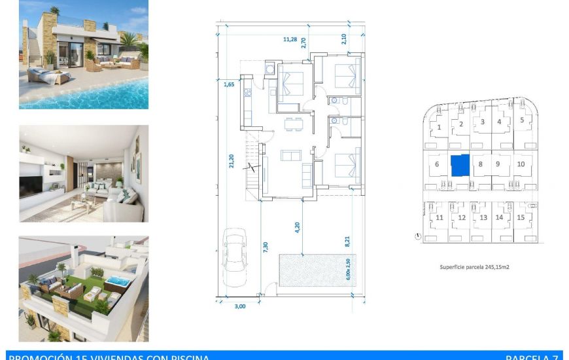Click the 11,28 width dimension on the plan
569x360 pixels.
click(290, 39)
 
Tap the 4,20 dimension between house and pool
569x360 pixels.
click(297, 228)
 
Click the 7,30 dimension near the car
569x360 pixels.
click(265, 247)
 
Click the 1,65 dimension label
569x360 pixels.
click(229, 84)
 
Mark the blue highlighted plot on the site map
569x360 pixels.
click(460, 165)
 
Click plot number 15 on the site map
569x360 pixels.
click(521, 217)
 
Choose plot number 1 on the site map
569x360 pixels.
click(440, 128)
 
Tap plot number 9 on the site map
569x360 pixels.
click(498, 164)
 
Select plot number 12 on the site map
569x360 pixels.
click(462, 218)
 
